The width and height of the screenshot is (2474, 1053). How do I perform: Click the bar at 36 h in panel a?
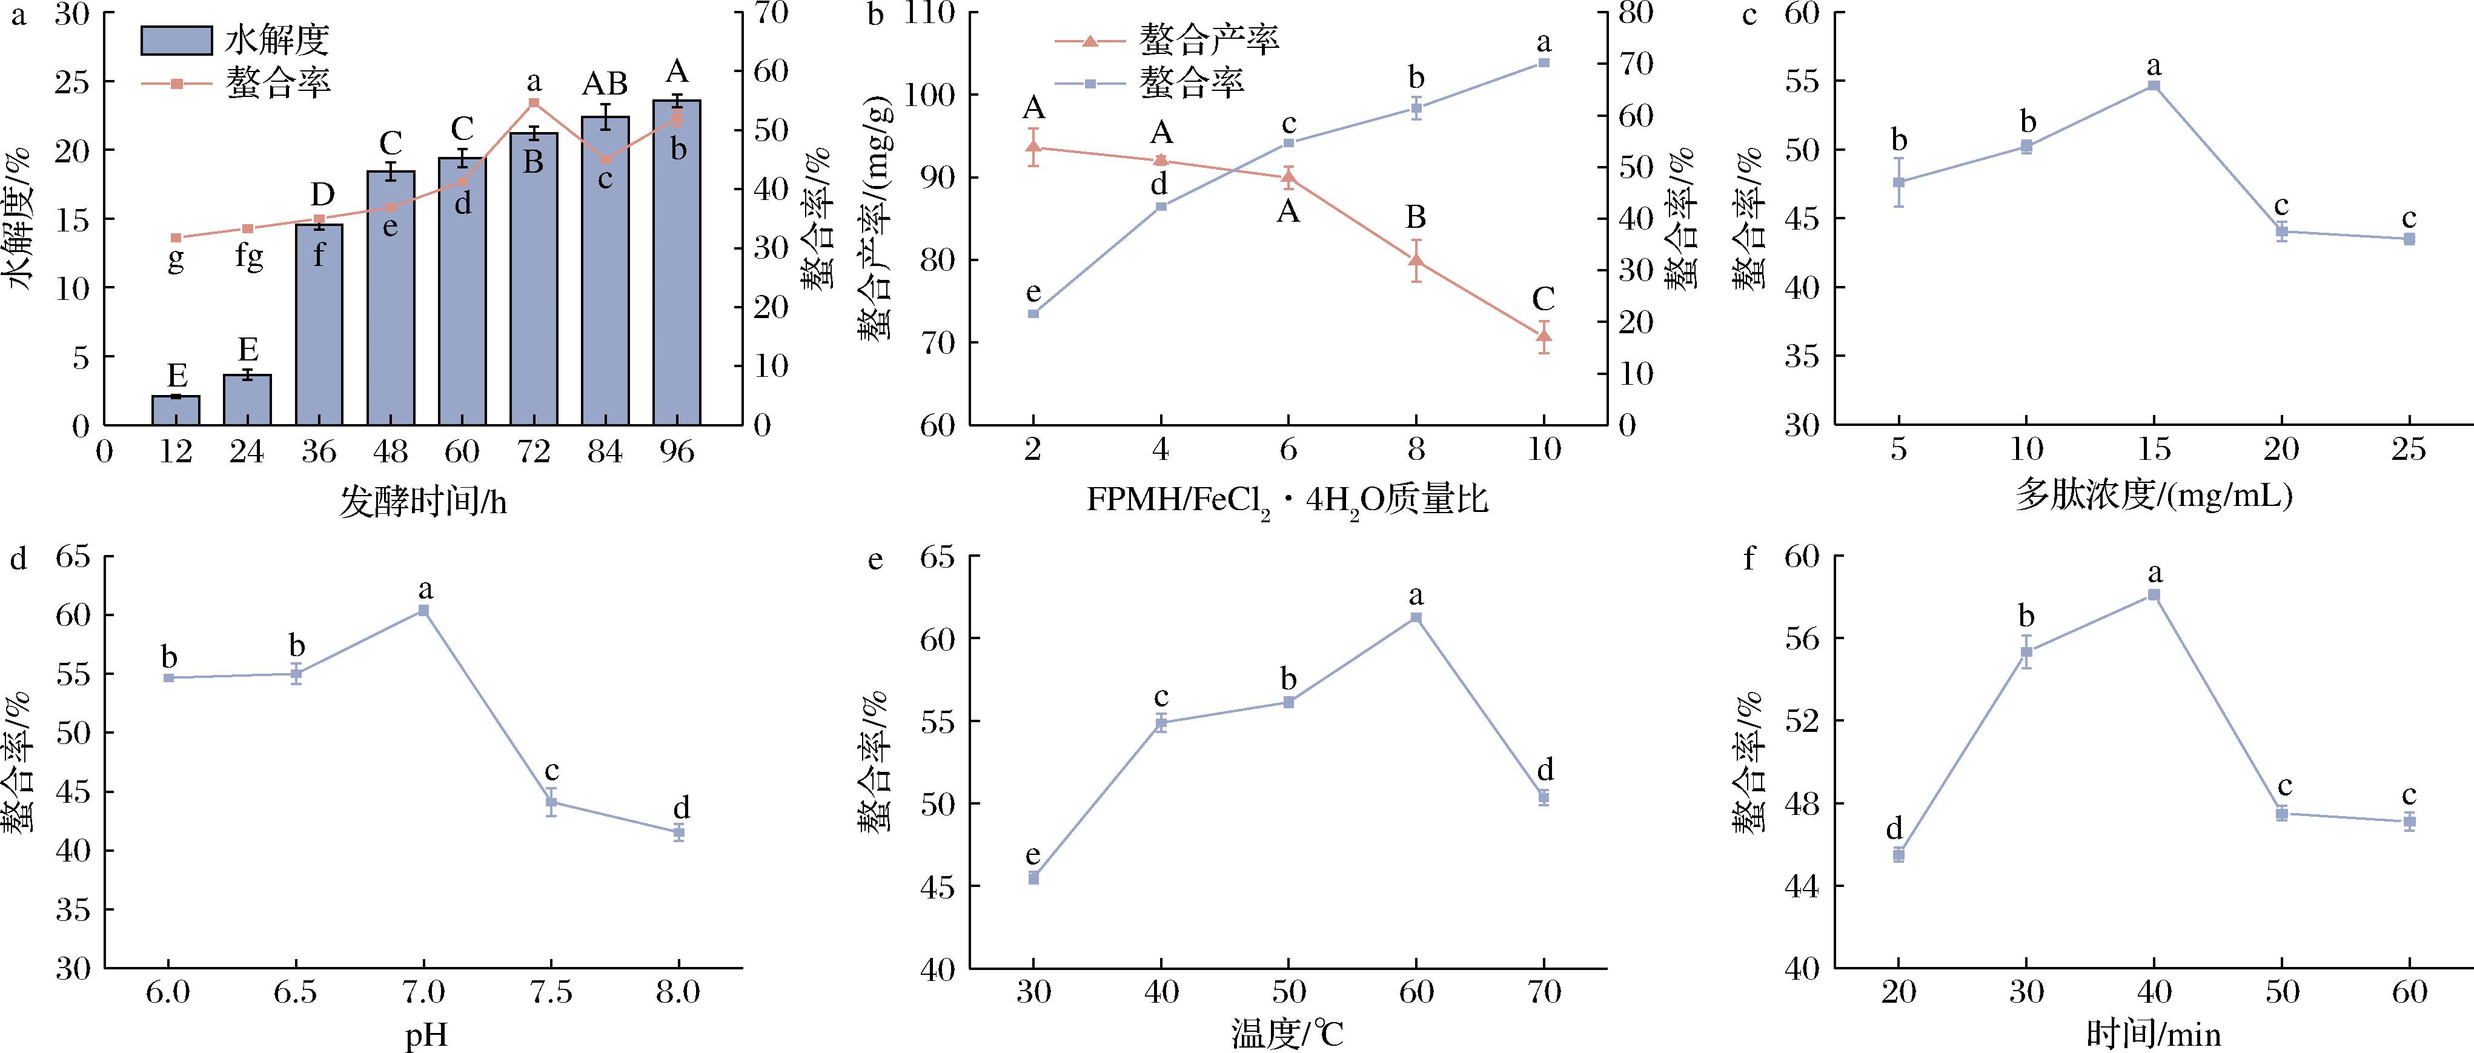(319, 325)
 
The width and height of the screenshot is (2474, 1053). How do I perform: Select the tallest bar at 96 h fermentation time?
(677, 262)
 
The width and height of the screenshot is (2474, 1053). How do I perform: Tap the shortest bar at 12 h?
(176, 410)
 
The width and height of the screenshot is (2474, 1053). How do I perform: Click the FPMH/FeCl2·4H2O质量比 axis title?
(1287, 500)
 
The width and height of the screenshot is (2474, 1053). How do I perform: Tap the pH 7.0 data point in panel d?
(423, 610)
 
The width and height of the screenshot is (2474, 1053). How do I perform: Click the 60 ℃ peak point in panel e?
(1416, 617)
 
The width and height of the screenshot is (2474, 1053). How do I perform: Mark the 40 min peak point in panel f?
(2154, 595)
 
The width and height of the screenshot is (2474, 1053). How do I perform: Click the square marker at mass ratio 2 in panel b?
(1033, 313)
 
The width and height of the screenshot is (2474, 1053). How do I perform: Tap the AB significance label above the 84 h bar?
(605, 85)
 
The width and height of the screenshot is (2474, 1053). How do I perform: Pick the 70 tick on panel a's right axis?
(770, 13)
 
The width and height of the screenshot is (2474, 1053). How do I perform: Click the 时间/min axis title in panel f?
(2153, 1035)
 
